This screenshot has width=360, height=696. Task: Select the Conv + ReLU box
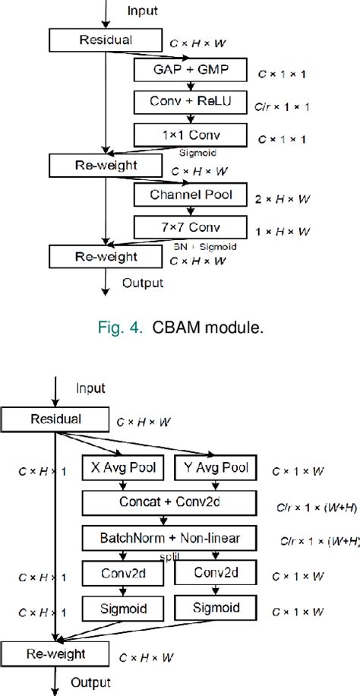pyautogui.click(x=191, y=103)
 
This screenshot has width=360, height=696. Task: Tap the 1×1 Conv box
pyautogui.click(x=191, y=136)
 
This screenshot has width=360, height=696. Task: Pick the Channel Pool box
pyautogui.click(x=191, y=195)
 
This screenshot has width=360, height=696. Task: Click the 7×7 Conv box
pyautogui.click(x=191, y=226)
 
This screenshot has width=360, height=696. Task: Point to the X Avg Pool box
pyautogui.click(x=126, y=469)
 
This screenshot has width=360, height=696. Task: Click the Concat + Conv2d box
pyautogui.click(x=171, y=502)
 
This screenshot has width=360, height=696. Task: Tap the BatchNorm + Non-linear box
pyautogui.click(x=171, y=538)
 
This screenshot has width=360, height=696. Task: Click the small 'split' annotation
pyautogui.click(x=169, y=556)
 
